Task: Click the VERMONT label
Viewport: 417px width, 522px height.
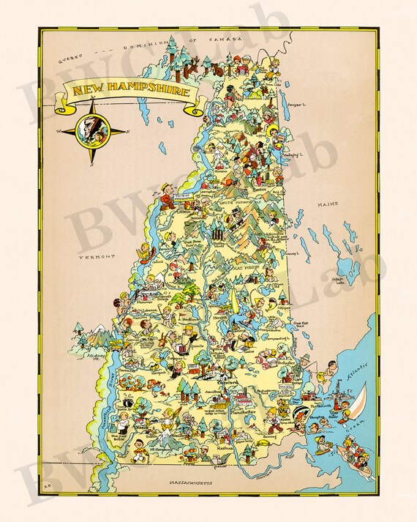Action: (x=99, y=256)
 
